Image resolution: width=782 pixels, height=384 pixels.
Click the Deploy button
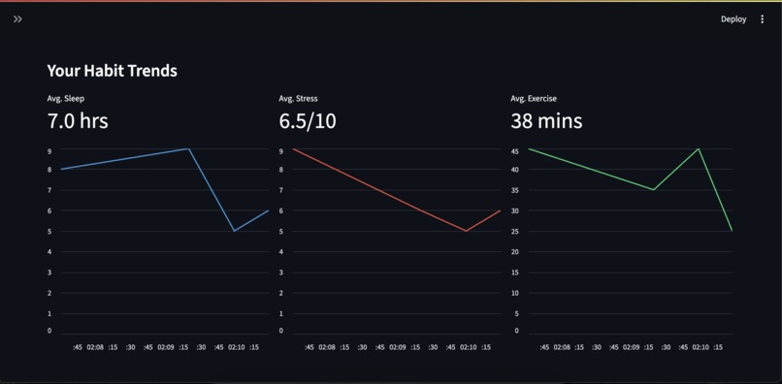coord(733,19)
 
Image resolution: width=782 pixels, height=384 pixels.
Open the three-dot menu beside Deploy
coord(762,19)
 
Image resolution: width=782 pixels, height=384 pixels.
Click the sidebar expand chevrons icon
coord(17,19)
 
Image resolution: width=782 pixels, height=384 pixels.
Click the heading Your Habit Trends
coord(112,71)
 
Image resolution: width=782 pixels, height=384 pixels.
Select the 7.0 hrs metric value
coord(78,121)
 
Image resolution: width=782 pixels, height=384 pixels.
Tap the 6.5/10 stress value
coord(308,121)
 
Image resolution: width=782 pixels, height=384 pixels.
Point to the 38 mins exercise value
coord(546,121)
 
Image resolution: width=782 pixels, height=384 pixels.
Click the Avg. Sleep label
coord(65,99)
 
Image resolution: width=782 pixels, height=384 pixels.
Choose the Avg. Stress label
coord(298,99)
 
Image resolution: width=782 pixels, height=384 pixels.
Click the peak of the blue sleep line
coord(188,149)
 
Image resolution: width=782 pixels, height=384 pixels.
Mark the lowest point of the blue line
coord(234,231)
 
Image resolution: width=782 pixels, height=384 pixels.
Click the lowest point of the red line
coord(467,231)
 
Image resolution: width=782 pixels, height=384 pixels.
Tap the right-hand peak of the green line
coord(699,149)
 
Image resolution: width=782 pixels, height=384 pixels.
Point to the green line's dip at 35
coord(654,190)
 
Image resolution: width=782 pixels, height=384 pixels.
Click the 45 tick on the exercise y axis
coord(515,150)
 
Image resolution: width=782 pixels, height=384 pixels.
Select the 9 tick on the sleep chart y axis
coord(49,150)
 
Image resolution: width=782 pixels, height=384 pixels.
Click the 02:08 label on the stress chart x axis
coord(327,347)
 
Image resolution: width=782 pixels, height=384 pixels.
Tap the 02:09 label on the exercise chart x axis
coord(631,347)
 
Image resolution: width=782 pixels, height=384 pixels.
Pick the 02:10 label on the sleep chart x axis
coord(236,347)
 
